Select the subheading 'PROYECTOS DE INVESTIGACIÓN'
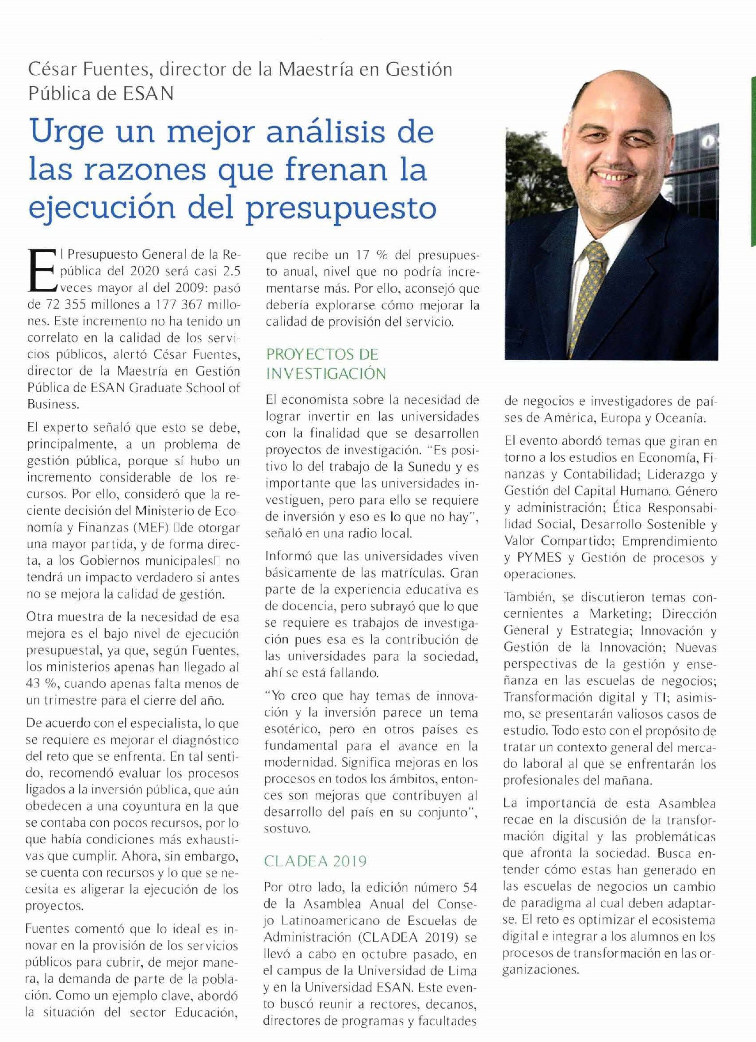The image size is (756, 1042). point(326,364)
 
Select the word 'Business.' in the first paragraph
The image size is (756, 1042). point(51,404)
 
